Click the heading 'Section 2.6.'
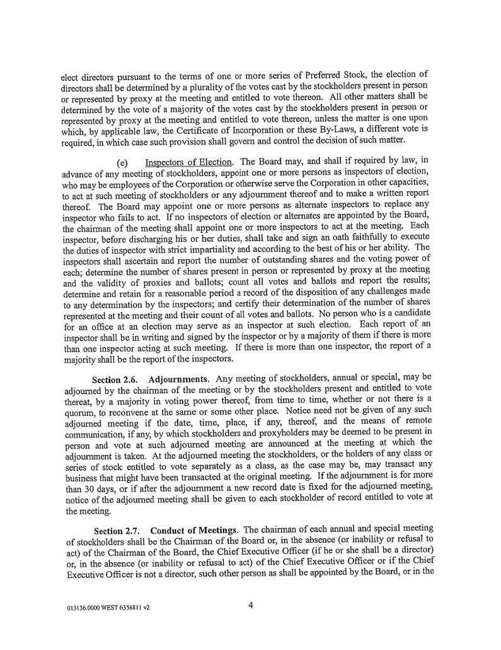[115, 380]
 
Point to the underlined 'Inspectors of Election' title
[188, 162]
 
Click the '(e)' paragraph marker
[122, 162]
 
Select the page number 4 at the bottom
[251, 607]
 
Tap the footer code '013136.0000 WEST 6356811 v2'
[108, 609]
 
